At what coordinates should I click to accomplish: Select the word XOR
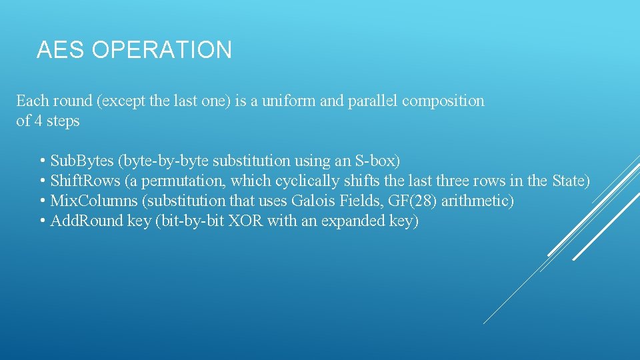tap(245, 221)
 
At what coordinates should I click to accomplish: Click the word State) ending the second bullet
tap(570, 181)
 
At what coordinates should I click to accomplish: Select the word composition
tap(443, 101)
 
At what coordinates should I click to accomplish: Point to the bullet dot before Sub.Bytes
tap(43, 161)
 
